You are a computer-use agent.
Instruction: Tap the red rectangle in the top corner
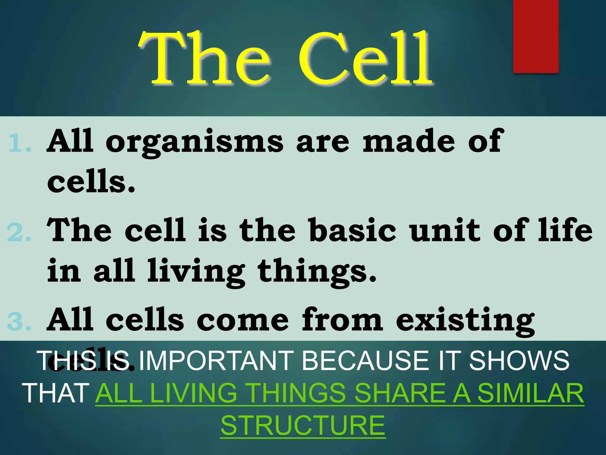536,36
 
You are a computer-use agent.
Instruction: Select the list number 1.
20,143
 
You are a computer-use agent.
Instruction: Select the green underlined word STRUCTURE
303,425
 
